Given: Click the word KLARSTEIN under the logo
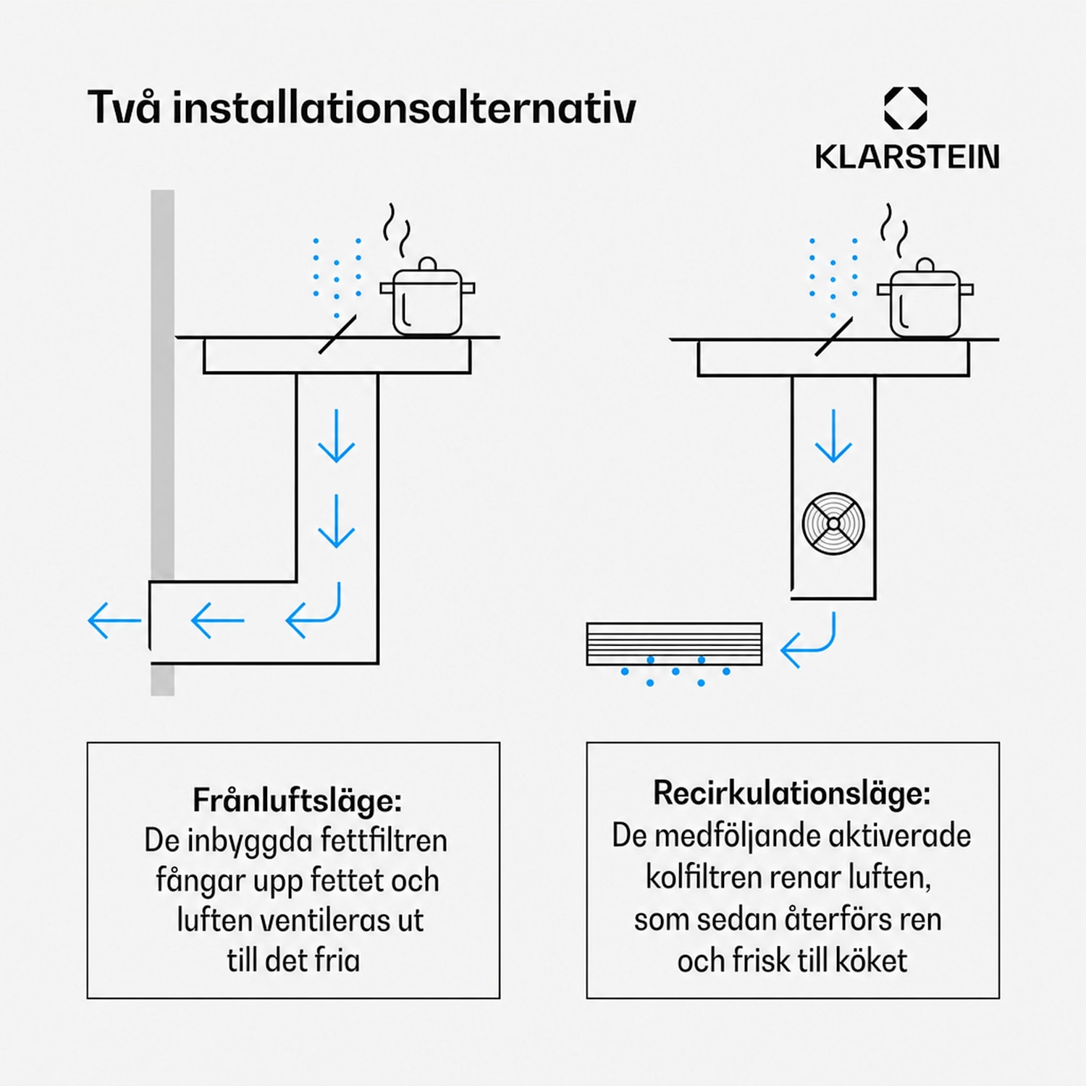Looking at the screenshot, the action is tap(907, 157).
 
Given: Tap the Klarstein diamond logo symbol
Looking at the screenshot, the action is tap(906, 109).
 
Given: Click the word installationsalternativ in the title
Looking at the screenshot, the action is tap(404, 108).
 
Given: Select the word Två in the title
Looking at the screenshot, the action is tap(124, 106).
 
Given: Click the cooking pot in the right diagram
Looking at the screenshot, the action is tap(925, 299).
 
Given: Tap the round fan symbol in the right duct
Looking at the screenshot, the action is tap(833, 523).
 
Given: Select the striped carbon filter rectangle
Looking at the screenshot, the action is tap(674, 644).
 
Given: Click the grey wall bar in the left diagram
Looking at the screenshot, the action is tap(162, 442).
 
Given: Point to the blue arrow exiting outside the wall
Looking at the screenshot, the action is tap(114, 620).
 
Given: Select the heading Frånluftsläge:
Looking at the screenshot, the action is tap(297, 800).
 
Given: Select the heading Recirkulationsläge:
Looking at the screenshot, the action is tap(792, 793).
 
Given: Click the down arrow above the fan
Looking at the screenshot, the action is tap(833, 436).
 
